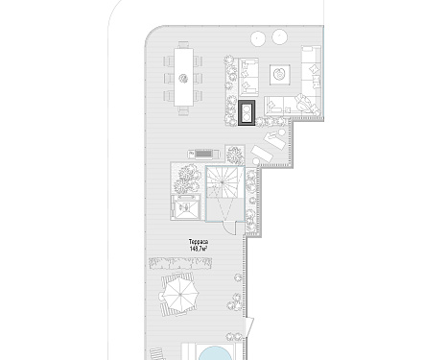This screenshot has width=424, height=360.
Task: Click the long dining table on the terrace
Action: [183, 77]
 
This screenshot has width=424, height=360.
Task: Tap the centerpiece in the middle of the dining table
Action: [183, 78]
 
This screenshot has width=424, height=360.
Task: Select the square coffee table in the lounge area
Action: [280, 75]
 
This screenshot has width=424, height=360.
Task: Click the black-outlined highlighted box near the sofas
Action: [247, 112]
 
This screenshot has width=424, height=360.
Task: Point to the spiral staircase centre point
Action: [223, 182]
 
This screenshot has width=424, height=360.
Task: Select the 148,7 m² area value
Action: [199, 249]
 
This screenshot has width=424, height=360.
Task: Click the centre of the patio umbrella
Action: [180, 294]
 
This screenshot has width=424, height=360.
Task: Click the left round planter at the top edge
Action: [258, 38]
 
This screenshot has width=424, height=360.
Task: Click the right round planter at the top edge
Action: [280, 36]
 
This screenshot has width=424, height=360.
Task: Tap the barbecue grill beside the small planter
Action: [203, 155]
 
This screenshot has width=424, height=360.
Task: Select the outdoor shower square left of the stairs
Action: [185, 207]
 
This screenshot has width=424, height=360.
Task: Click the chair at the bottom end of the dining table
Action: [183, 110]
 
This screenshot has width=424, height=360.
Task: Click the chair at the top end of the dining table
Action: [183, 44]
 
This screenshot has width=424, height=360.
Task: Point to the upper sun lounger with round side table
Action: [274, 138]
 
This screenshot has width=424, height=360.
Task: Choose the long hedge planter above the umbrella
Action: [180, 263]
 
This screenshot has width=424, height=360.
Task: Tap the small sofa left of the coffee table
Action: [248, 77]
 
